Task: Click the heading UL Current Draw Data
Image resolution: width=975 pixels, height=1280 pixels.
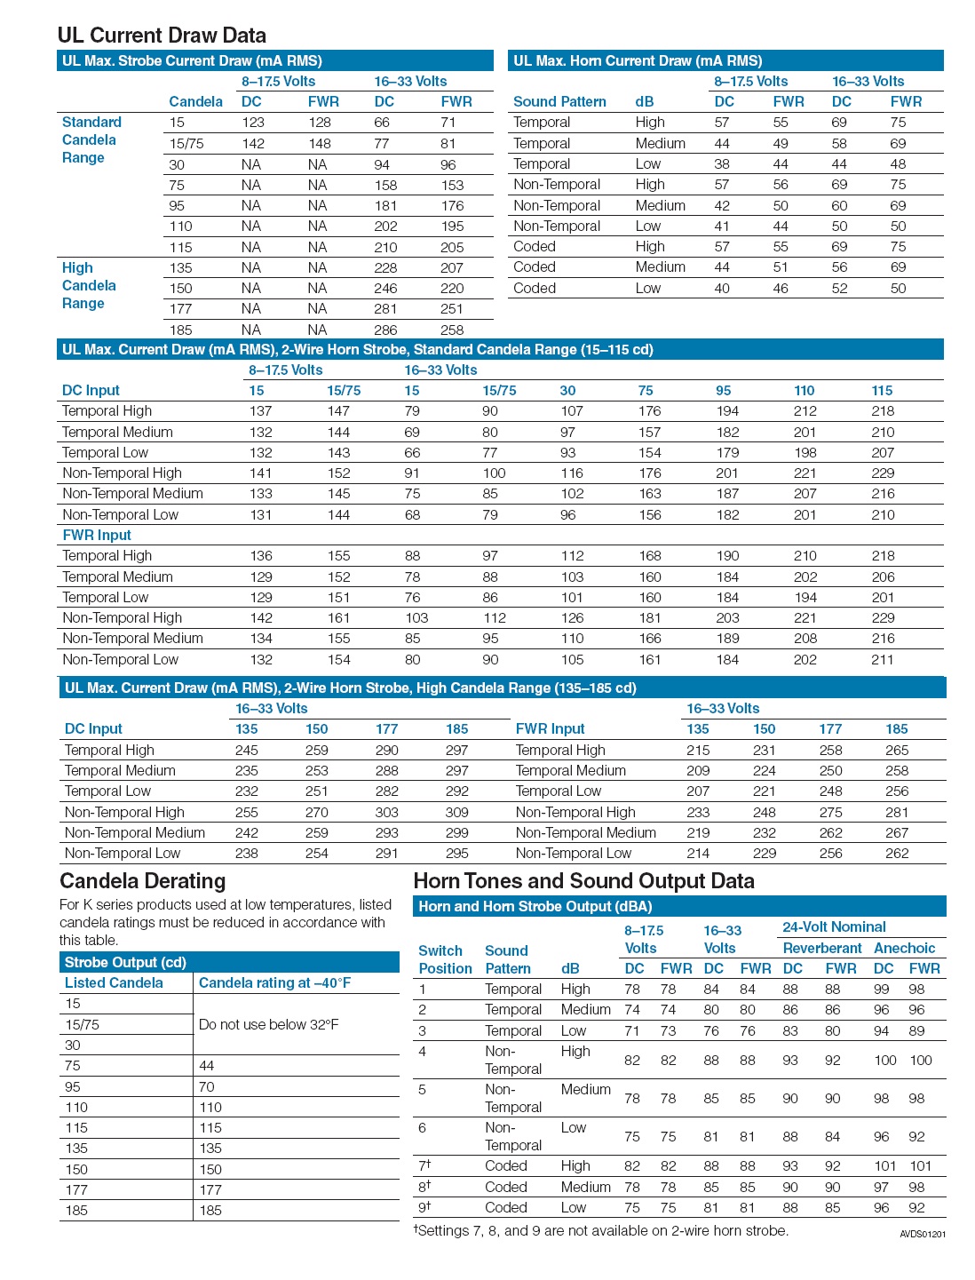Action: click(x=162, y=36)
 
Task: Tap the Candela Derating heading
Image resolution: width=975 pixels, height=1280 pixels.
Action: click(x=143, y=881)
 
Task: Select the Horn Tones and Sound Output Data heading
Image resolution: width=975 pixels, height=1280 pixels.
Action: click(x=583, y=881)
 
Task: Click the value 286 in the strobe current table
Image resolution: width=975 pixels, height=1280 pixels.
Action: click(x=385, y=330)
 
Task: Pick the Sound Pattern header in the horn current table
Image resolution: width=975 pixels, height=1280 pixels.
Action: click(x=559, y=102)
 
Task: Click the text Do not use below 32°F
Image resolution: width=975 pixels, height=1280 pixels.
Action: click(x=268, y=1024)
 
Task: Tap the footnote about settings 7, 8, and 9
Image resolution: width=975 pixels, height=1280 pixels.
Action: click(x=601, y=1230)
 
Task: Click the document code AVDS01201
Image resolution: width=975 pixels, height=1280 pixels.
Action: click(x=923, y=1234)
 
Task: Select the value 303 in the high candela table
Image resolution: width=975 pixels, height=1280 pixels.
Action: click(x=386, y=812)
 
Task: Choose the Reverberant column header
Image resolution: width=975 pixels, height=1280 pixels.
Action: click(x=822, y=948)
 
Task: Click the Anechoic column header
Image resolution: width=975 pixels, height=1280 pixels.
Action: click(x=904, y=948)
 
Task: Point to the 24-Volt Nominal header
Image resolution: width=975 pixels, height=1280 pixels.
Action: click(x=834, y=926)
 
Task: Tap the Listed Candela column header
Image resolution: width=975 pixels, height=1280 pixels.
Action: click(x=114, y=982)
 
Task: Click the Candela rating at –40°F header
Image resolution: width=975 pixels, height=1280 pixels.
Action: click(x=274, y=982)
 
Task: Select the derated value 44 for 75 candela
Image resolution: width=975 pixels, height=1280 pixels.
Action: click(x=207, y=1066)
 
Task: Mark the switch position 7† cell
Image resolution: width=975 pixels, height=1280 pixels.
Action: click(x=424, y=1165)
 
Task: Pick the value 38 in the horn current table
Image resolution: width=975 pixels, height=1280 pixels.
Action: click(x=722, y=164)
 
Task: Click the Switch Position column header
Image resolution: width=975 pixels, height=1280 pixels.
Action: click(x=445, y=959)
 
